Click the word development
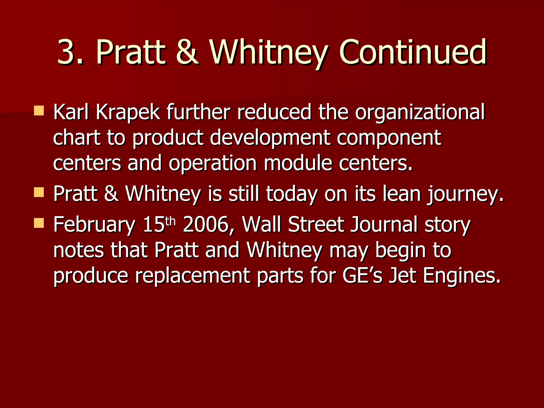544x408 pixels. point(270,138)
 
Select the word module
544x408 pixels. point(298,163)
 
